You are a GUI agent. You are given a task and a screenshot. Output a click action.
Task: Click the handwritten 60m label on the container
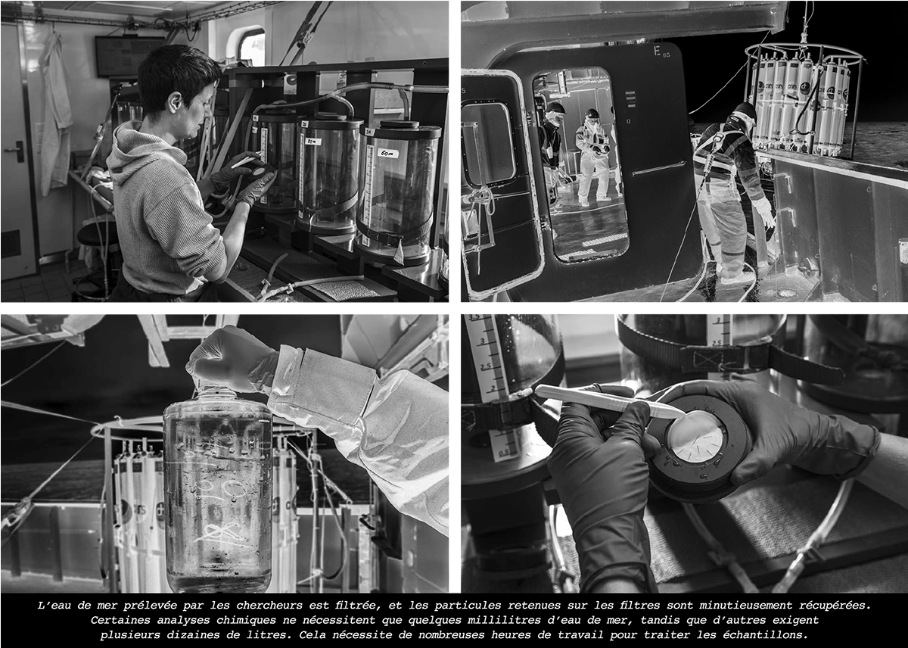[x=388, y=153]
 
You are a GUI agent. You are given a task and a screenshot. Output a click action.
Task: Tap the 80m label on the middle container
[x=313, y=142]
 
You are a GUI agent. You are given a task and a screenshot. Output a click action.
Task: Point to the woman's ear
[x=175, y=101]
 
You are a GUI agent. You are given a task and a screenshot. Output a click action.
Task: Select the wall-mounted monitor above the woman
[x=129, y=56]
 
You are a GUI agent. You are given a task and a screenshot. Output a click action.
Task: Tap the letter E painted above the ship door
[x=657, y=51]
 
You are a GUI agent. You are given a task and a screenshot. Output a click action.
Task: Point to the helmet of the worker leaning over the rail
[x=745, y=110]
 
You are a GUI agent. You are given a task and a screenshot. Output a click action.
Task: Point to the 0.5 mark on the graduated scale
[x=503, y=453]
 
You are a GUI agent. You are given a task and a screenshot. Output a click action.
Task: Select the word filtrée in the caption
[x=358, y=606]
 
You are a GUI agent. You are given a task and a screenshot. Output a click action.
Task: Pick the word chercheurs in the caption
[x=269, y=606]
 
